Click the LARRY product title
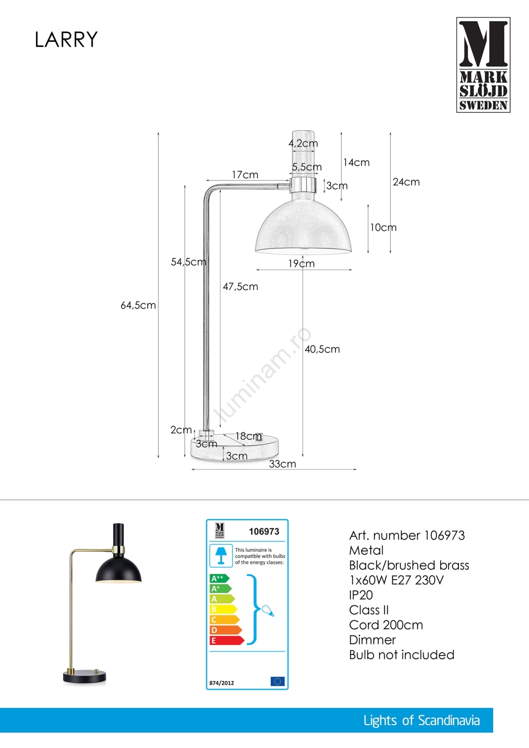pyautogui.click(x=66, y=40)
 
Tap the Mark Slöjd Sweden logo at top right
pyautogui.click(x=483, y=65)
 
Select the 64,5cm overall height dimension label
pyautogui.click(x=138, y=305)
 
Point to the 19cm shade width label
pyautogui.click(x=301, y=264)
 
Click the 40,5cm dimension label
pyautogui.click(x=322, y=349)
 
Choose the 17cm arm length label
pyautogui.click(x=245, y=175)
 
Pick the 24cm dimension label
pyautogui.click(x=406, y=182)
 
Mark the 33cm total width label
pyautogui.click(x=283, y=464)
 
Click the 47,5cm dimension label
pyautogui.click(x=240, y=287)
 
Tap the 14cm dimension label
pyautogui.click(x=356, y=163)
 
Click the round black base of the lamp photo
pyautogui.click(x=85, y=676)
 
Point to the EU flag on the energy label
pyautogui.click(x=277, y=681)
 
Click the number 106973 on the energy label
pyautogui.click(x=264, y=532)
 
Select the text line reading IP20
pyautogui.click(x=361, y=595)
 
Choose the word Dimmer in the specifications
pyautogui.click(x=372, y=640)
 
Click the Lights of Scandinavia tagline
pyautogui.click(x=421, y=720)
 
